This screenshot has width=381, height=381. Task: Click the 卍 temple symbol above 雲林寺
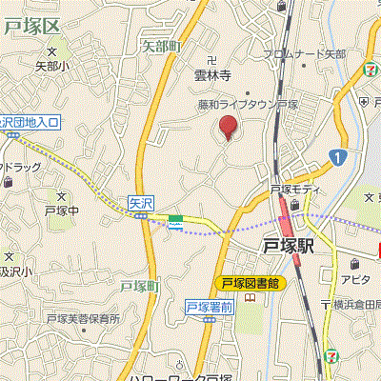coord(211,60)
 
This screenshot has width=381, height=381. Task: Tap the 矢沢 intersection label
coord(140,202)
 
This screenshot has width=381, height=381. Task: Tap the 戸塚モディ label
coord(291,190)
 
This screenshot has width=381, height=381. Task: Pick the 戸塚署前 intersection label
coord(209,306)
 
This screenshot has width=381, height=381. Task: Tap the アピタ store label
coord(355,279)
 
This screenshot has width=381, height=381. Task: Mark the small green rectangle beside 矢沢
coord(175,220)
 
